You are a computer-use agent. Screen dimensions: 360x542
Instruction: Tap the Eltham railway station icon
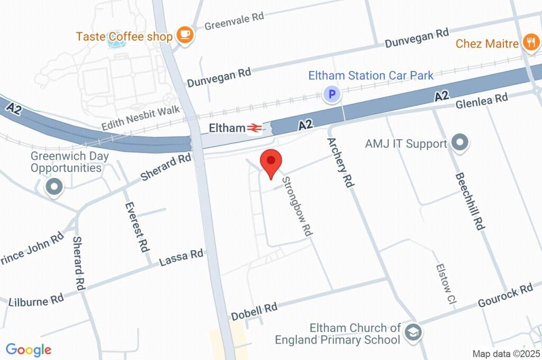(255, 128)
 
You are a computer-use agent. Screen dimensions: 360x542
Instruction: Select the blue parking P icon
(332, 95)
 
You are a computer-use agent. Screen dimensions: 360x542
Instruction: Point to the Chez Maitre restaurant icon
(530, 43)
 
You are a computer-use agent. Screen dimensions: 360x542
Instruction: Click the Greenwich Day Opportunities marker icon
(54, 186)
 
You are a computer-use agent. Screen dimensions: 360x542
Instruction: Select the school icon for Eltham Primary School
(411, 333)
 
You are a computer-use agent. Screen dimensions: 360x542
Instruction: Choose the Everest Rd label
(135, 226)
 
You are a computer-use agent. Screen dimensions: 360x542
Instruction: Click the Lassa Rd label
(181, 257)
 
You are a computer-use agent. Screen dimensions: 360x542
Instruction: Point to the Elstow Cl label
(445, 285)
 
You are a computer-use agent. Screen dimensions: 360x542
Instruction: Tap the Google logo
(29, 350)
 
